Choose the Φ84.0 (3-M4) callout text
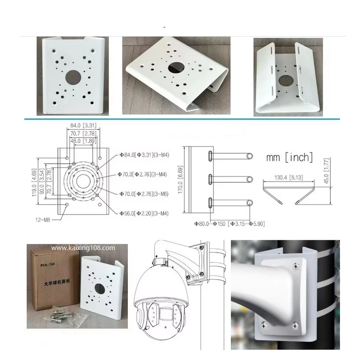pyautogui.click(x=143, y=155)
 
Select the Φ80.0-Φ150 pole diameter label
pyautogui.click(x=230, y=224)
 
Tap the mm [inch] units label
pyautogui.click(x=289, y=158)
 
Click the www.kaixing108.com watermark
pyautogui.click(x=83, y=247)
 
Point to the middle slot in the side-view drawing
pyautogui.click(x=210, y=178)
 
